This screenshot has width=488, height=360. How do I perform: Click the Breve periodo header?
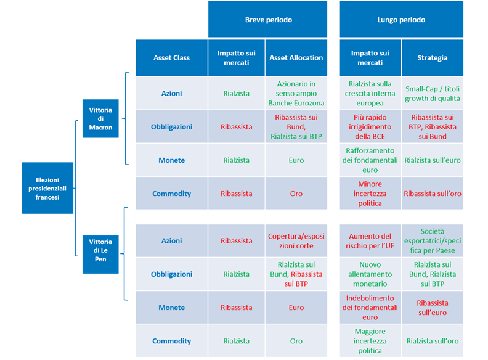coord(267,19)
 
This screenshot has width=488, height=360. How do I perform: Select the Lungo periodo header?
coord(401,19)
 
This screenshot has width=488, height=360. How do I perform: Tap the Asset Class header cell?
coord(171,58)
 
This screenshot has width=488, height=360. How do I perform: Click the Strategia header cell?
coord(433,58)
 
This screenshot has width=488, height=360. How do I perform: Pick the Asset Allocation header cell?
coord(296,58)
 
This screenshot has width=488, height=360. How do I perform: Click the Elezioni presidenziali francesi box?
coord(47,188)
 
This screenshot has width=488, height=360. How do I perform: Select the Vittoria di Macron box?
coord(100,118)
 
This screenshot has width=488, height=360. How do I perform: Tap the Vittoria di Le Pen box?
coord(100,254)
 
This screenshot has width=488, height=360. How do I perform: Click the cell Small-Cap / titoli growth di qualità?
coord(433,94)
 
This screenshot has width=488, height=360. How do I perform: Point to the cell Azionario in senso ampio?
coord(296,94)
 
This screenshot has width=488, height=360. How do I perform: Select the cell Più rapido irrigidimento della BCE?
coord(370,127)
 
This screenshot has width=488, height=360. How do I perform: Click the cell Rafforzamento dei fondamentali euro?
coord(370,160)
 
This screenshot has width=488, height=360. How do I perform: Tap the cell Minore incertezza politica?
coord(370,194)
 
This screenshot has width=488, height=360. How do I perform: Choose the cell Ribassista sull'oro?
coord(433,194)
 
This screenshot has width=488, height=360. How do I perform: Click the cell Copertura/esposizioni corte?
coord(296,241)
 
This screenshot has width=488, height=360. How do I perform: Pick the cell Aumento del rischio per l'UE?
coord(370,241)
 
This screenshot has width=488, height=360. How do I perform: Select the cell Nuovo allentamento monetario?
coord(370,274)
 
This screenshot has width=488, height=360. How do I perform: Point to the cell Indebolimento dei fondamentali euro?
coord(370,308)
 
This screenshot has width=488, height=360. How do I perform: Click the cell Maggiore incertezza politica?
coord(370,341)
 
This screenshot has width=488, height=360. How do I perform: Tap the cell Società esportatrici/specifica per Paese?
coord(433,241)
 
